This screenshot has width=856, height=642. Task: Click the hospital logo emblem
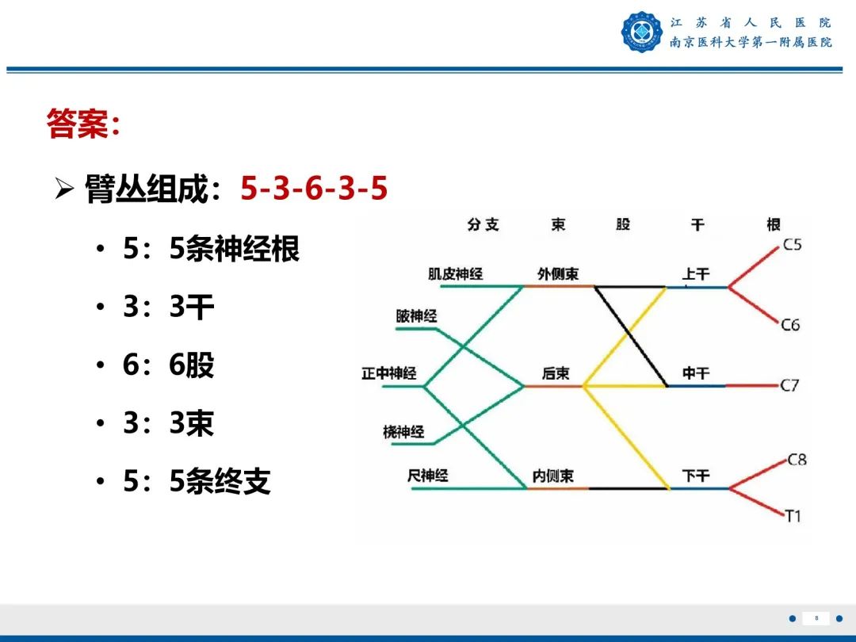pyautogui.click(x=641, y=32)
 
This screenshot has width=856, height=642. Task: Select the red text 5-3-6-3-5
pyautogui.click(x=314, y=189)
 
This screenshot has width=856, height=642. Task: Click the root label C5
pyautogui.click(x=792, y=245)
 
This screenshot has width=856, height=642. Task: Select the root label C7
pyautogui.click(x=789, y=386)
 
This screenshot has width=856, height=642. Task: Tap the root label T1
pyautogui.click(x=793, y=516)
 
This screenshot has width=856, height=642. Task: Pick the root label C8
pyautogui.click(x=797, y=459)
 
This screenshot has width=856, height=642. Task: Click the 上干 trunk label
pyautogui.click(x=696, y=274)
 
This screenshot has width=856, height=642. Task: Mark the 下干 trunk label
pyautogui.click(x=696, y=476)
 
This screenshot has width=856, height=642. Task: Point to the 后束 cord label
pyautogui.click(x=556, y=373)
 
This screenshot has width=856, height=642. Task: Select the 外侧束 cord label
pyautogui.click(x=557, y=274)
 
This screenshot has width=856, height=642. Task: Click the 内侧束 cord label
pyautogui.click(x=552, y=476)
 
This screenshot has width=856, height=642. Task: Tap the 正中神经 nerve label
pyautogui.click(x=388, y=373)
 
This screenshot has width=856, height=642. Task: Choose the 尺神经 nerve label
pyautogui.click(x=427, y=476)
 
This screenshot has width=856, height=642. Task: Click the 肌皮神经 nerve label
pyautogui.click(x=455, y=274)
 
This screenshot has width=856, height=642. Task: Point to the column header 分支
pyautogui.click(x=483, y=224)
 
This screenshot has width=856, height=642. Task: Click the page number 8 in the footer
pyautogui.click(x=816, y=618)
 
